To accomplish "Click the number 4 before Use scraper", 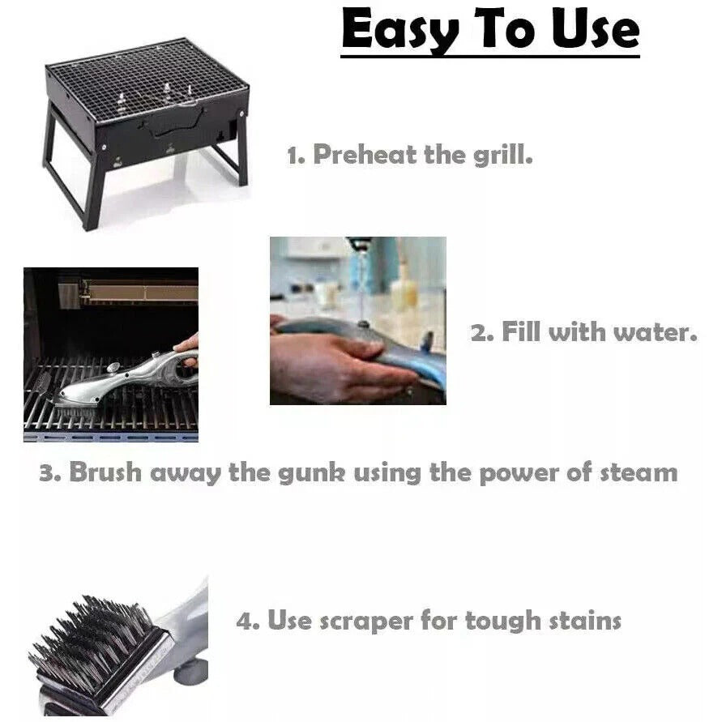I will [x=246, y=622].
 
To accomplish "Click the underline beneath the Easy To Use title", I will [x=489, y=56].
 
